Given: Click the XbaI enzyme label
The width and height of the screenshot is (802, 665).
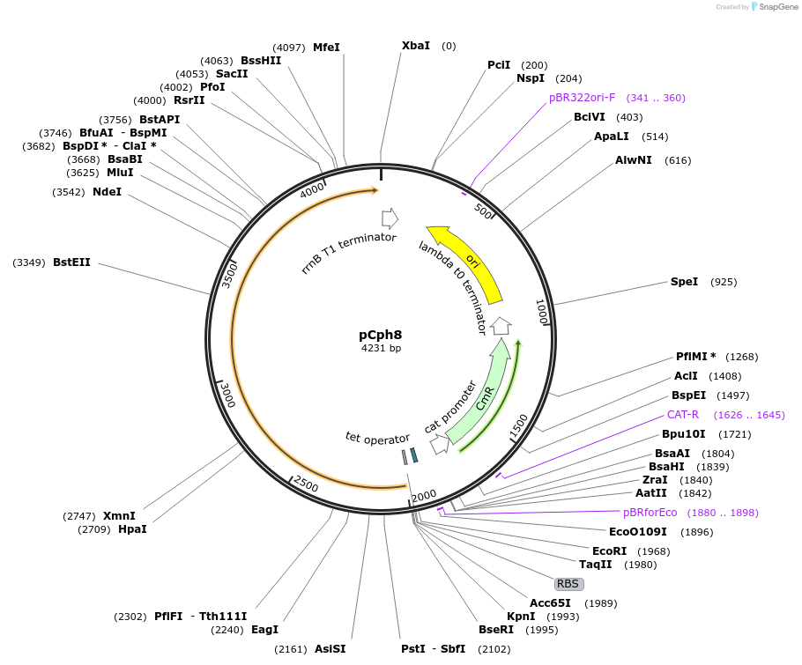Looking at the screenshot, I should [416, 45].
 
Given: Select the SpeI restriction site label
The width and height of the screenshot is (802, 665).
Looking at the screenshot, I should [684, 282].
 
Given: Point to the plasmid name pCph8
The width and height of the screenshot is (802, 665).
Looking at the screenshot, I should [381, 335].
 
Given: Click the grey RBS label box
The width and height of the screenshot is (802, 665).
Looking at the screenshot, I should [568, 584].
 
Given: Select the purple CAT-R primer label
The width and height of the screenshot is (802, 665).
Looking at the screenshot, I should [682, 414].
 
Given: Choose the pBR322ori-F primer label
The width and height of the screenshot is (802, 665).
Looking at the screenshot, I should [582, 98].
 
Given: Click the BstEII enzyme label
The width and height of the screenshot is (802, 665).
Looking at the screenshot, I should [71, 262].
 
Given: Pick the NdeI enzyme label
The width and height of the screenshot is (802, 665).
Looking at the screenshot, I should [107, 191].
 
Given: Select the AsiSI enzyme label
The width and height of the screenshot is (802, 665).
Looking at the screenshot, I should [330, 649].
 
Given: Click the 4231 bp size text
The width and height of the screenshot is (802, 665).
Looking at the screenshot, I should [381, 349].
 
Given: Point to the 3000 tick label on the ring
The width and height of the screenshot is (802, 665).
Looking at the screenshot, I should [226, 395].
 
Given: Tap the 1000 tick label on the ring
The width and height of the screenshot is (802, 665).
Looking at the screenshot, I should [541, 311].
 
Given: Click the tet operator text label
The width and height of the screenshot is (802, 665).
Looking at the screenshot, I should [377, 438].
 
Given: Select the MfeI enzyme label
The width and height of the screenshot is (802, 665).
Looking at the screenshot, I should [326, 48].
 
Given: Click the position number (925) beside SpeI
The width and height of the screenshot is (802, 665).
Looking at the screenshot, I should [724, 282].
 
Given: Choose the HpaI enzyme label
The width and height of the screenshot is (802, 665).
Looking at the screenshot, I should [132, 529].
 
